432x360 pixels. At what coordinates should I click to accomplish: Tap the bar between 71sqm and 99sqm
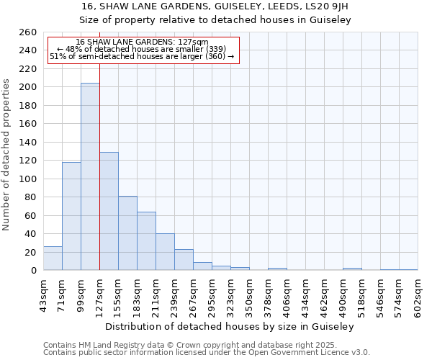(x=71, y=216)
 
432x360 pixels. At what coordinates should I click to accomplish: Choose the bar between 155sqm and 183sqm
(x=127, y=233)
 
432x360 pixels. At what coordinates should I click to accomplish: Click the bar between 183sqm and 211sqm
(x=146, y=241)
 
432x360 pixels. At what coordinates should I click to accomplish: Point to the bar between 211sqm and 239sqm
(x=165, y=252)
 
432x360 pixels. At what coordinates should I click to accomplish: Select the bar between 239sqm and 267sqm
(x=184, y=260)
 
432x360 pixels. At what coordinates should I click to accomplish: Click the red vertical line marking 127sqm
(x=99, y=144)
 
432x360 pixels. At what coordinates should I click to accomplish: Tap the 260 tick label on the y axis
(x=28, y=32)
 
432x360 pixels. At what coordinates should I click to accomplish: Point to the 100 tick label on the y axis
(x=28, y=179)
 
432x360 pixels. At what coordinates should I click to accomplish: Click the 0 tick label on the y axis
(x=33, y=271)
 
